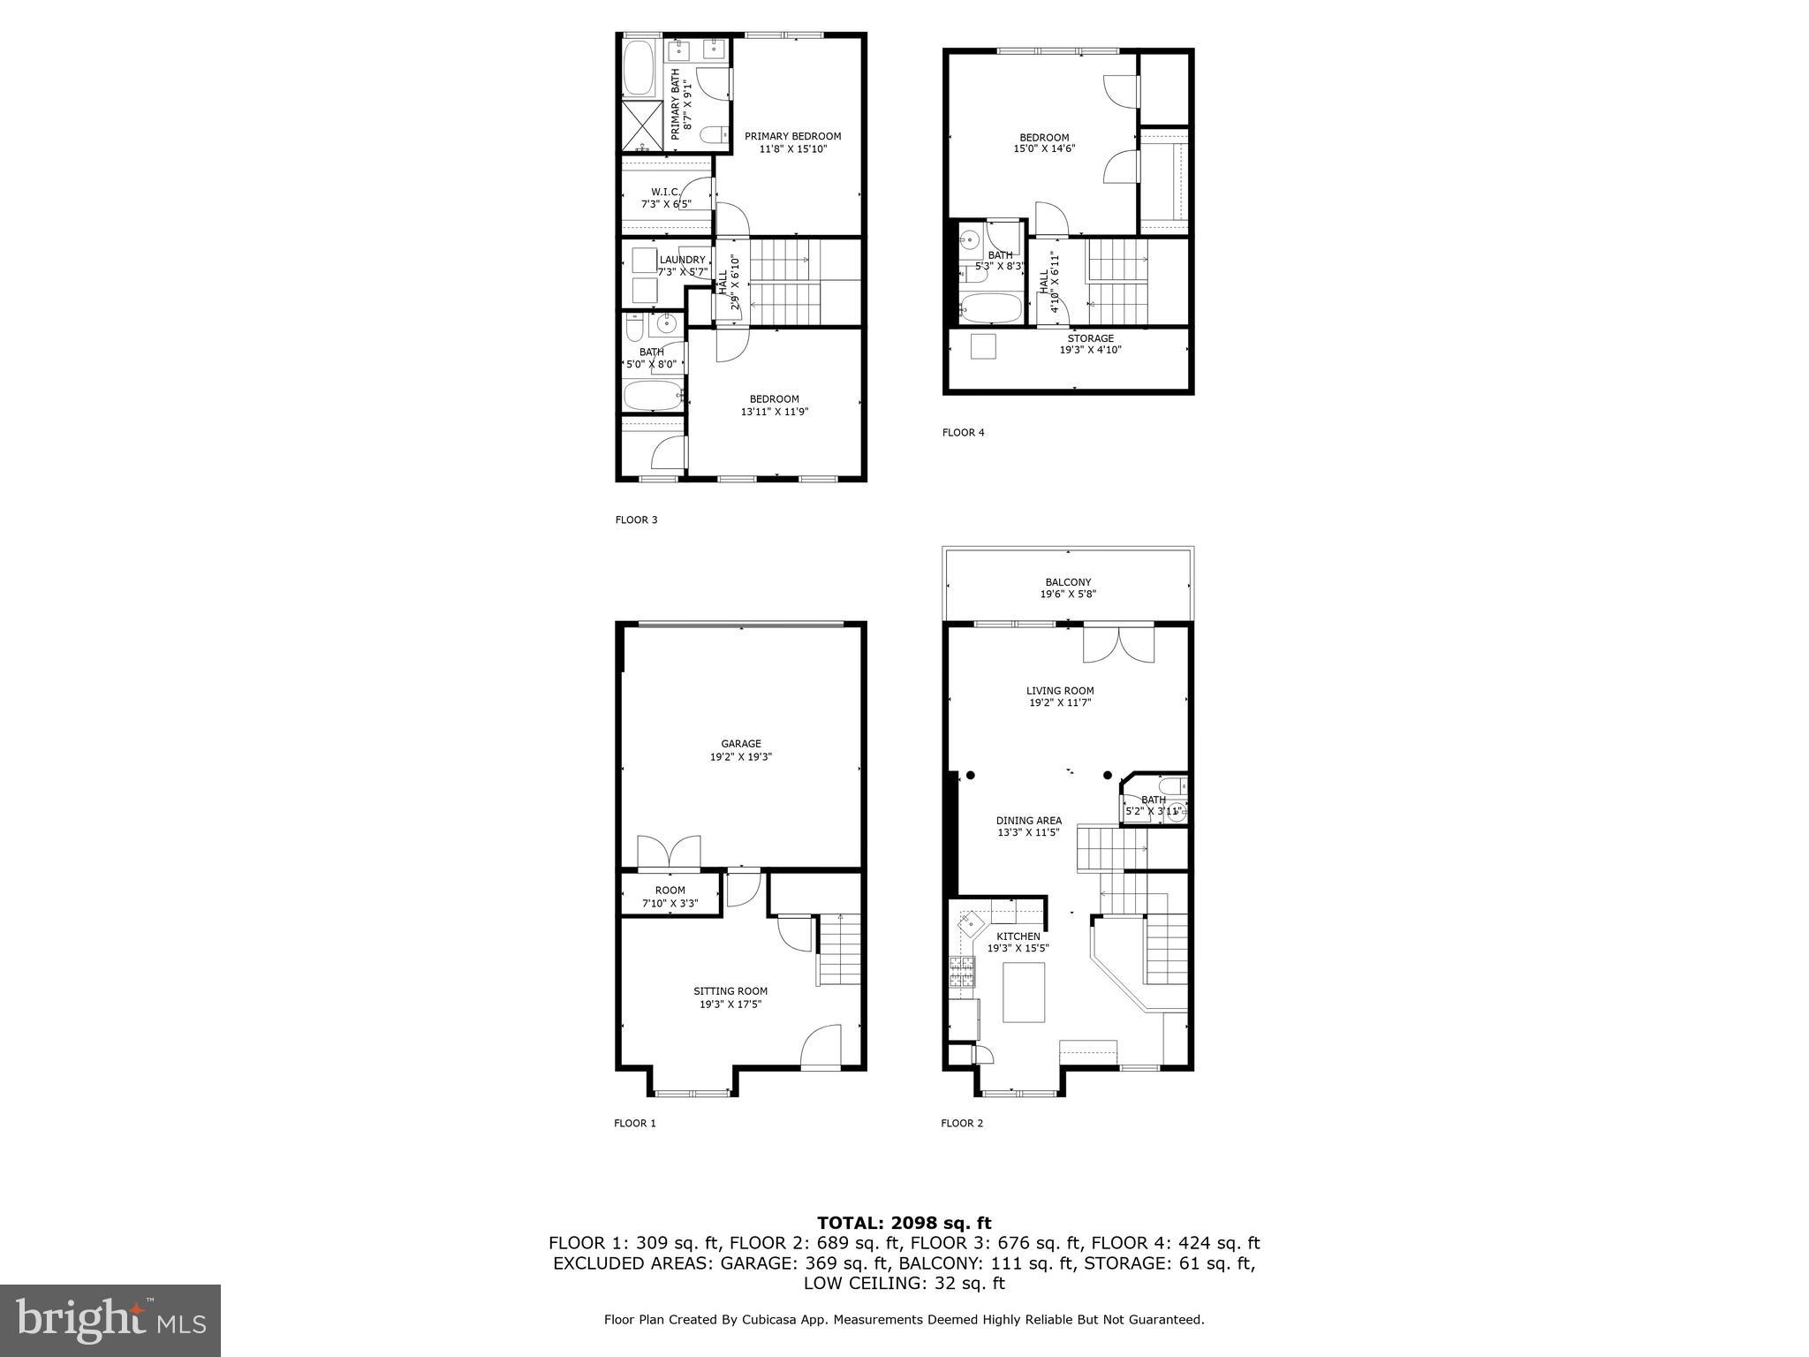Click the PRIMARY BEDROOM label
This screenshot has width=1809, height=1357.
(792, 136)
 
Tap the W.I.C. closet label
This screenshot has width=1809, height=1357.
(665, 192)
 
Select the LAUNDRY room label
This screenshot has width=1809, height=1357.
(682, 260)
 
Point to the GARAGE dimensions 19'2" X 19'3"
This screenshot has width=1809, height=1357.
(740, 757)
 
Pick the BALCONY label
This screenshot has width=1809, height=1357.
(1068, 582)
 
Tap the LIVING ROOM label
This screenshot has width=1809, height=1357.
(1059, 691)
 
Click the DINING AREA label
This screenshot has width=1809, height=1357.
(1029, 821)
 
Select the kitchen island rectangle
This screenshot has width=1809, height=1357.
(1024, 991)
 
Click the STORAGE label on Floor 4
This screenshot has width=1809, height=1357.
(1090, 338)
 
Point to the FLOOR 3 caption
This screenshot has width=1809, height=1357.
(636, 519)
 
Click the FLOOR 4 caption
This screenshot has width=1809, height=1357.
(963, 432)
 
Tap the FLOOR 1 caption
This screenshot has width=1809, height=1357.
(635, 1123)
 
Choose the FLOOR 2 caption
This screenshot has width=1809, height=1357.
(962, 1123)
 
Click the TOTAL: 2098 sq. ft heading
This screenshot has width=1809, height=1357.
(904, 1223)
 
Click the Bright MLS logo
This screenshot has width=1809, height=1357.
(110, 1320)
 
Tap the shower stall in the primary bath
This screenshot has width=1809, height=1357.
(643, 125)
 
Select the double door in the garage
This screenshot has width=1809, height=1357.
(669, 852)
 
